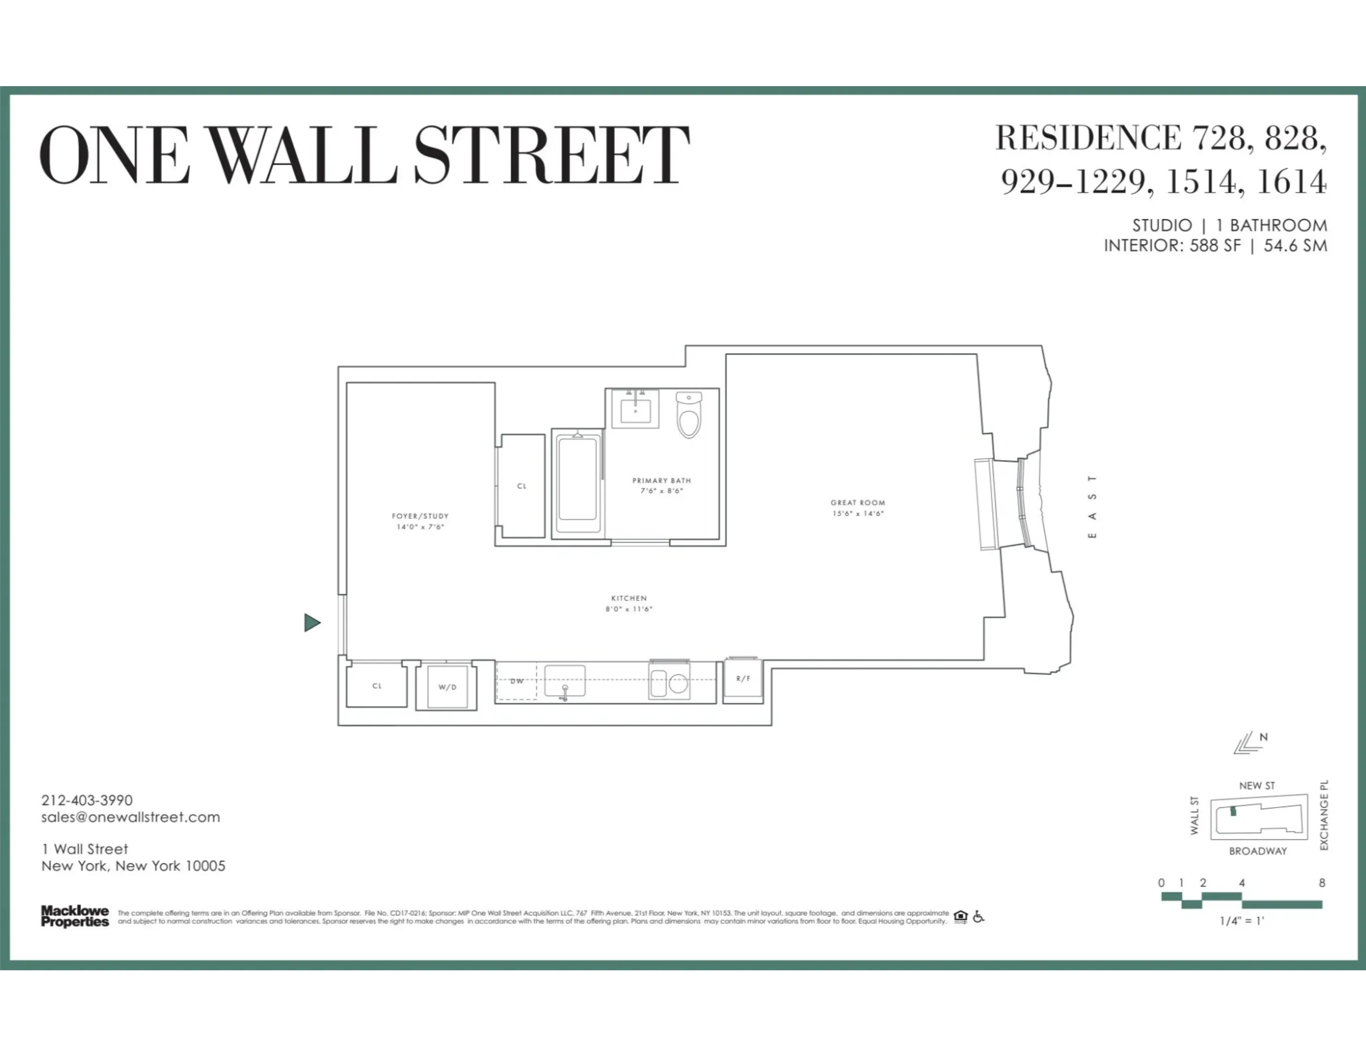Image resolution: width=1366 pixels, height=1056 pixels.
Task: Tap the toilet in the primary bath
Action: [689, 416]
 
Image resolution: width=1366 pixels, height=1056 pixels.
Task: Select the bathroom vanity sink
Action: [635, 410]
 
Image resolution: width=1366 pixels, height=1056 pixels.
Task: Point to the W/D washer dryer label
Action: [447, 687]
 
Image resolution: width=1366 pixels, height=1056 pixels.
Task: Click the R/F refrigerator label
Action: [743, 679]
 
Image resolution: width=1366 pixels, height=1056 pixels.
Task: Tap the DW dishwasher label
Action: [517, 681]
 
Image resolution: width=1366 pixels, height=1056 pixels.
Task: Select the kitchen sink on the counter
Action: [565, 681]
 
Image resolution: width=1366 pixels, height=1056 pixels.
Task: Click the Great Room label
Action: [858, 502]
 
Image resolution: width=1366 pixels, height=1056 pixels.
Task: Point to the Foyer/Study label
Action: [420, 516]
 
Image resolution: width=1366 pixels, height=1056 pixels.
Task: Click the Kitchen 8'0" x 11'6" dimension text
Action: [629, 609]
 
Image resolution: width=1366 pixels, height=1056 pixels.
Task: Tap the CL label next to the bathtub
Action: [522, 486]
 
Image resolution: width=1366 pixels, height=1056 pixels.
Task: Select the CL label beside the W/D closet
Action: [377, 686]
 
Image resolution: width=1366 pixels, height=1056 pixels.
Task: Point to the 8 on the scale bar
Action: [1322, 883]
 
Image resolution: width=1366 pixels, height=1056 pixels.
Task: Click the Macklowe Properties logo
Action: [75, 916]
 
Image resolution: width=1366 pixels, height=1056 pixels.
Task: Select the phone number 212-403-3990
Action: [87, 800]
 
